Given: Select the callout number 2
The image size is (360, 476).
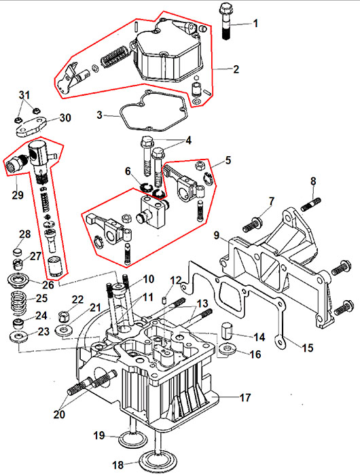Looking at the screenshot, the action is pyautogui.click(x=236, y=69).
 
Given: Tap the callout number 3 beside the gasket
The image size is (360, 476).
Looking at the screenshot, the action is pyautogui.click(x=100, y=115).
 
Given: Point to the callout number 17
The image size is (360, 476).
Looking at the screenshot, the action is pyautogui.click(x=245, y=397).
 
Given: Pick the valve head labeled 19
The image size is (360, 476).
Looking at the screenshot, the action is pyautogui.click(x=132, y=440).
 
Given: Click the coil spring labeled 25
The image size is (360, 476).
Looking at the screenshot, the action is pyautogui.click(x=19, y=302).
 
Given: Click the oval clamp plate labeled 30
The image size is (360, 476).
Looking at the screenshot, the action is pyautogui.click(x=31, y=127).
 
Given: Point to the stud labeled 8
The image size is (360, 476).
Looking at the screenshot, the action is pyautogui.click(x=311, y=204).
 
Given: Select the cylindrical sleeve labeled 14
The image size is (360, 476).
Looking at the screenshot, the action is pyautogui.click(x=228, y=331).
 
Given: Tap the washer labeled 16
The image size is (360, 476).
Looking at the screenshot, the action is pyautogui.click(x=226, y=348).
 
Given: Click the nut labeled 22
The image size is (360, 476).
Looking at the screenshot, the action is pyautogui.click(x=64, y=317).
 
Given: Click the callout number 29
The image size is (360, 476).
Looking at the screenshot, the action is pyautogui.click(x=18, y=194).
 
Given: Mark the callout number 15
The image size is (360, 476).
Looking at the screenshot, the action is pyautogui.click(x=308, y=348).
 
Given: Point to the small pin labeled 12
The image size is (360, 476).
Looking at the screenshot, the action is pyautogui.click(x=164, y=301).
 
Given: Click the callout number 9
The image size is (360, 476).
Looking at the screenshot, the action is pyautogui.click(x=216, y=235).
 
